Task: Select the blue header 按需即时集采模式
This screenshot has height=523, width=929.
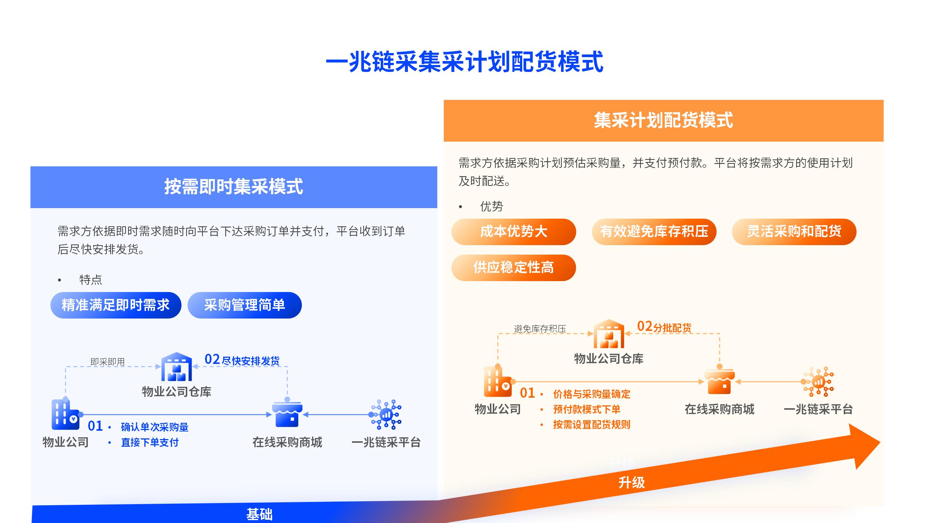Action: pos(234,187)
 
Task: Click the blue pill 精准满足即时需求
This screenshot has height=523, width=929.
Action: pos(116,305)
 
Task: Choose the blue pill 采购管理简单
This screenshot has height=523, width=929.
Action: pos(245,305)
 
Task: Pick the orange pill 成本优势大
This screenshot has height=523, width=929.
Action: pos(513,232)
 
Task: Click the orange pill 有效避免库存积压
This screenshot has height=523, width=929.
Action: pos(654,232)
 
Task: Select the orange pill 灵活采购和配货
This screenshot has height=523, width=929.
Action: pos(794,232)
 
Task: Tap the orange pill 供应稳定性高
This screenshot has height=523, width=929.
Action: pos(513,268)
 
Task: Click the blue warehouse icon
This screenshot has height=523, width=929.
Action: pos(177,366)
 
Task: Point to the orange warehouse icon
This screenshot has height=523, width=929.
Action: pos(609,334)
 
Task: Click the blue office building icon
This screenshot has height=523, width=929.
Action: pos(66,414)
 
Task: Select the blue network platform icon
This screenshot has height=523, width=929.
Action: pos(386,414)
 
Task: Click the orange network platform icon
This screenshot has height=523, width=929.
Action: pos(818,382)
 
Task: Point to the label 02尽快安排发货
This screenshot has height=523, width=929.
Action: pos(242,360)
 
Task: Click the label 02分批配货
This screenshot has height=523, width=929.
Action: pos(664,327)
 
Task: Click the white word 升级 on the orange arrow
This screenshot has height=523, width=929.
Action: pos(632,483)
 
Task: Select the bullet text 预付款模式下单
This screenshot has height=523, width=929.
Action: pos(587,409)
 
